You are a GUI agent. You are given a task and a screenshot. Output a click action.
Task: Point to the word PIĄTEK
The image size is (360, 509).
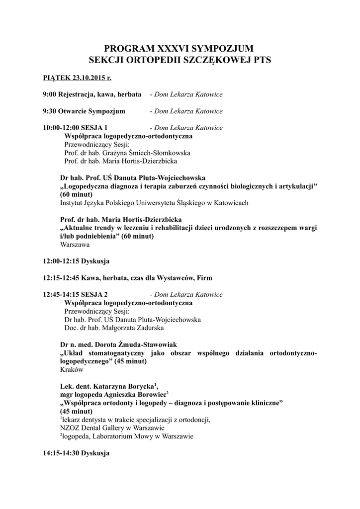point(56,78)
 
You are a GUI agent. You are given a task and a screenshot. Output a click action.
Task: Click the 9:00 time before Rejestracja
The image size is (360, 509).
point(49,94)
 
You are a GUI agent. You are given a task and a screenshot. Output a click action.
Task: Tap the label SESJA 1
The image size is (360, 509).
point(97,128)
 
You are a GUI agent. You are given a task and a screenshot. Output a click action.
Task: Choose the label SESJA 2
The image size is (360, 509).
point(97,295)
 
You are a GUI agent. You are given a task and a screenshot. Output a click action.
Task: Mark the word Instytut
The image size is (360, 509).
point(72,203)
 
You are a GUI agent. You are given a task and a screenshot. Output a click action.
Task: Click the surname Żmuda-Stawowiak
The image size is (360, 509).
point(145,344)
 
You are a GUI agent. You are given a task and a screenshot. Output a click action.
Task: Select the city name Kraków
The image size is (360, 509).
point(71,370)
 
